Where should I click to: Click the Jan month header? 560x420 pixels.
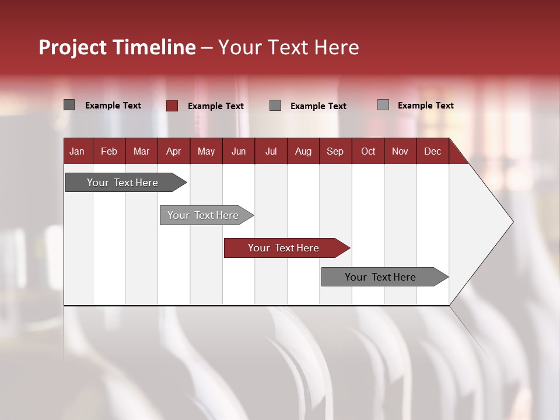coord(77,151)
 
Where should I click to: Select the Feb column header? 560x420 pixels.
coord(109,151)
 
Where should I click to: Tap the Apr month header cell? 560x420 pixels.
coord(173,151)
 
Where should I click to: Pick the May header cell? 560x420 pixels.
coord(206,151)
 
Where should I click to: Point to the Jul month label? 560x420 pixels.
coord(271,151)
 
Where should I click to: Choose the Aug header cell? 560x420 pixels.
coord(303,151)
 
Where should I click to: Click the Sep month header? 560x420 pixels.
coord(335,151)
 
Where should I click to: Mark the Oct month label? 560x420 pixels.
coord(368,151)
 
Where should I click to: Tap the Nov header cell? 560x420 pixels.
coord(400,151)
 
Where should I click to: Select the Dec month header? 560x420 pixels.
coord(432,151)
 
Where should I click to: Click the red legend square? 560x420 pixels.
coord(172,106)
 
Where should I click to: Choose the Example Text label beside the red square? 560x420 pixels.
coord(215,106)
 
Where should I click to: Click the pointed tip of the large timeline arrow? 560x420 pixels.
coord(511,222)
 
